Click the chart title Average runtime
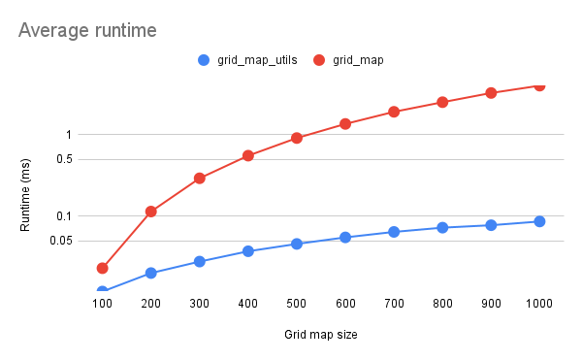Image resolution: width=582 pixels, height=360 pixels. [87, 31]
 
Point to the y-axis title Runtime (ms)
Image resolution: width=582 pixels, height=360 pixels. [26, 195]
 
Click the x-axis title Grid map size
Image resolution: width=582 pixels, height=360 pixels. [321, 335]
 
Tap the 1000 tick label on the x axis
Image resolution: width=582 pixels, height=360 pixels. [539, 304]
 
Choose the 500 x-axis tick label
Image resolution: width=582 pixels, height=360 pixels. [296, 304]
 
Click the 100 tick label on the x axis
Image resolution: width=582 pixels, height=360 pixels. [102, 304]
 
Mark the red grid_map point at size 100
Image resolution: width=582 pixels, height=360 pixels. [102, 268]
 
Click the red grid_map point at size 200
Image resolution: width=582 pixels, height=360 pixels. [150, 212]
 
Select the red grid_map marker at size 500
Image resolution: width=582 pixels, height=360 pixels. [297, 138]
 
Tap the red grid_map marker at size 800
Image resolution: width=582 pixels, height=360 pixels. [442, 102]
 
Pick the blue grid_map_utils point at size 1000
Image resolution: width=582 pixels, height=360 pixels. [539, 221]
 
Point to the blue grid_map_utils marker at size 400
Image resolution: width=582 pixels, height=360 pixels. [248, 251]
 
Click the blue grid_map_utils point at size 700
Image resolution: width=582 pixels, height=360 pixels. [394, 232]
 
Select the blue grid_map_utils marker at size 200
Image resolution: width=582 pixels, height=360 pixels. [150, 273]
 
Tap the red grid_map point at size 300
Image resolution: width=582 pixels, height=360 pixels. [199, 179]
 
